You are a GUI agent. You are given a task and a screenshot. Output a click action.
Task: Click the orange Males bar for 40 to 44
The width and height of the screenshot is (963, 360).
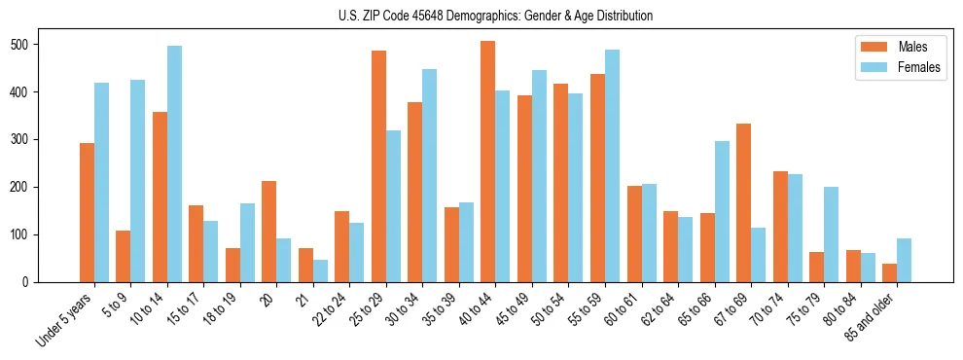(487, 162)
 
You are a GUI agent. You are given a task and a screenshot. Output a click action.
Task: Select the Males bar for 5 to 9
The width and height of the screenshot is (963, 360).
(123, 256)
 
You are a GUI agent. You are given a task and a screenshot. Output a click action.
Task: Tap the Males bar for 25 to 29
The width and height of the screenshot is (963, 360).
(378, 166)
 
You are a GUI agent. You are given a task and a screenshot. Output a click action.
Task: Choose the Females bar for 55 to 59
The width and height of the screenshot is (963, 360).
(612, 165)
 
